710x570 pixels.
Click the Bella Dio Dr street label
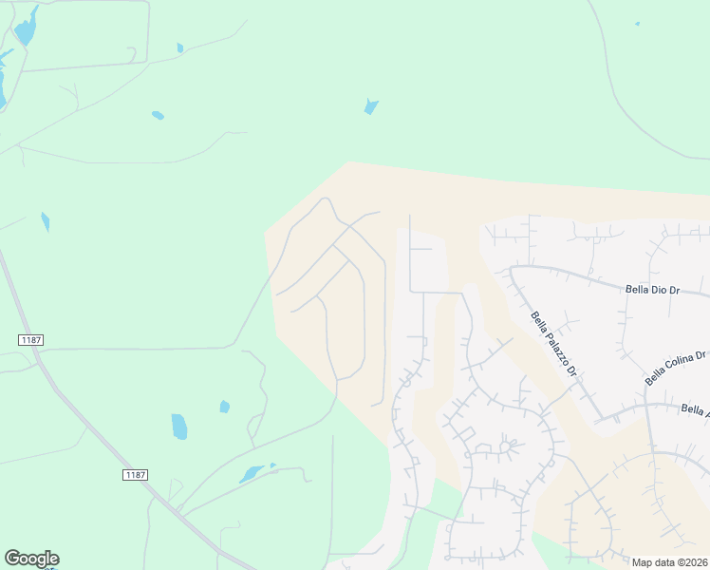pos(654,288)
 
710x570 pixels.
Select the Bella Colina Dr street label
pos(676,369)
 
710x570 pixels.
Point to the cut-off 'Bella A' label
pos(695,410)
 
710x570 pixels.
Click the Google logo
pos(31,559)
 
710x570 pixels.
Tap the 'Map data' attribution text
pos(655,562)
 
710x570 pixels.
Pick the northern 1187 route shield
pos(31,339)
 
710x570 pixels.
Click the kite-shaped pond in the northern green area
pos(371,106)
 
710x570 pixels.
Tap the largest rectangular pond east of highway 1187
pos(178,427)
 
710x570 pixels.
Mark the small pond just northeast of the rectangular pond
pos(225,407)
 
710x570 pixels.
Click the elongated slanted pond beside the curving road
pos(252,473)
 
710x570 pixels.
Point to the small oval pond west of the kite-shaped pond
pos(158,115)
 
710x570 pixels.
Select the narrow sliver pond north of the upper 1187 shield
pos(46,221)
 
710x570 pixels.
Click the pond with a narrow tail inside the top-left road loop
pos(26,28)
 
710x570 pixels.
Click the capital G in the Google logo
pos(12,558)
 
